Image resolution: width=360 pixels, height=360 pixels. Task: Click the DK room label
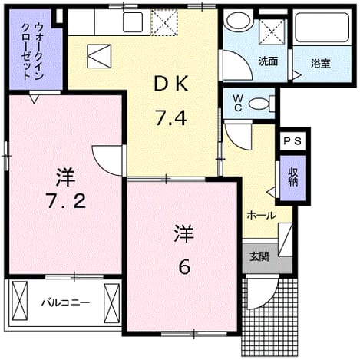pos(171,83)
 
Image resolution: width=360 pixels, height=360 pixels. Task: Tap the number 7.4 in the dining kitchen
pos(170,118)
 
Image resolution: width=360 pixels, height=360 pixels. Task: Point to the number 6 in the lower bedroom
pos(184,267)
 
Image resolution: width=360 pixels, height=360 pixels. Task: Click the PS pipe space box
pos(292,141)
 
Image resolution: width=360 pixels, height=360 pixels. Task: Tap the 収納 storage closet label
pos(292,177)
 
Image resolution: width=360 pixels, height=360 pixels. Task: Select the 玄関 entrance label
pos(259,256)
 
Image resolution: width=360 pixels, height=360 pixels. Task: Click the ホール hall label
pos(261,216)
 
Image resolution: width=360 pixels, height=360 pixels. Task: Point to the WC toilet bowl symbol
pos(259,104)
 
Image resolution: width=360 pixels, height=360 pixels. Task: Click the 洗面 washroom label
pos(268,61)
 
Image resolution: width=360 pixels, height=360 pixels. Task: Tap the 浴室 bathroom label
pos(321,63)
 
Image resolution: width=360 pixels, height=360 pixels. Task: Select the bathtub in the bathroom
pos(322,28)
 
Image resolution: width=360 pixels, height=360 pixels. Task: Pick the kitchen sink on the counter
pos(133,22)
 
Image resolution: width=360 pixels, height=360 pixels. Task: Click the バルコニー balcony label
pos(66,302)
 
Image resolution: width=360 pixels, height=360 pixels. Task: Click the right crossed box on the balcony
pos(111,303)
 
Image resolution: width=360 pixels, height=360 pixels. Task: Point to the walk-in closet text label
pos(32,51)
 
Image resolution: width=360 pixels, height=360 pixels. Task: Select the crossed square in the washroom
pos(272,32)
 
